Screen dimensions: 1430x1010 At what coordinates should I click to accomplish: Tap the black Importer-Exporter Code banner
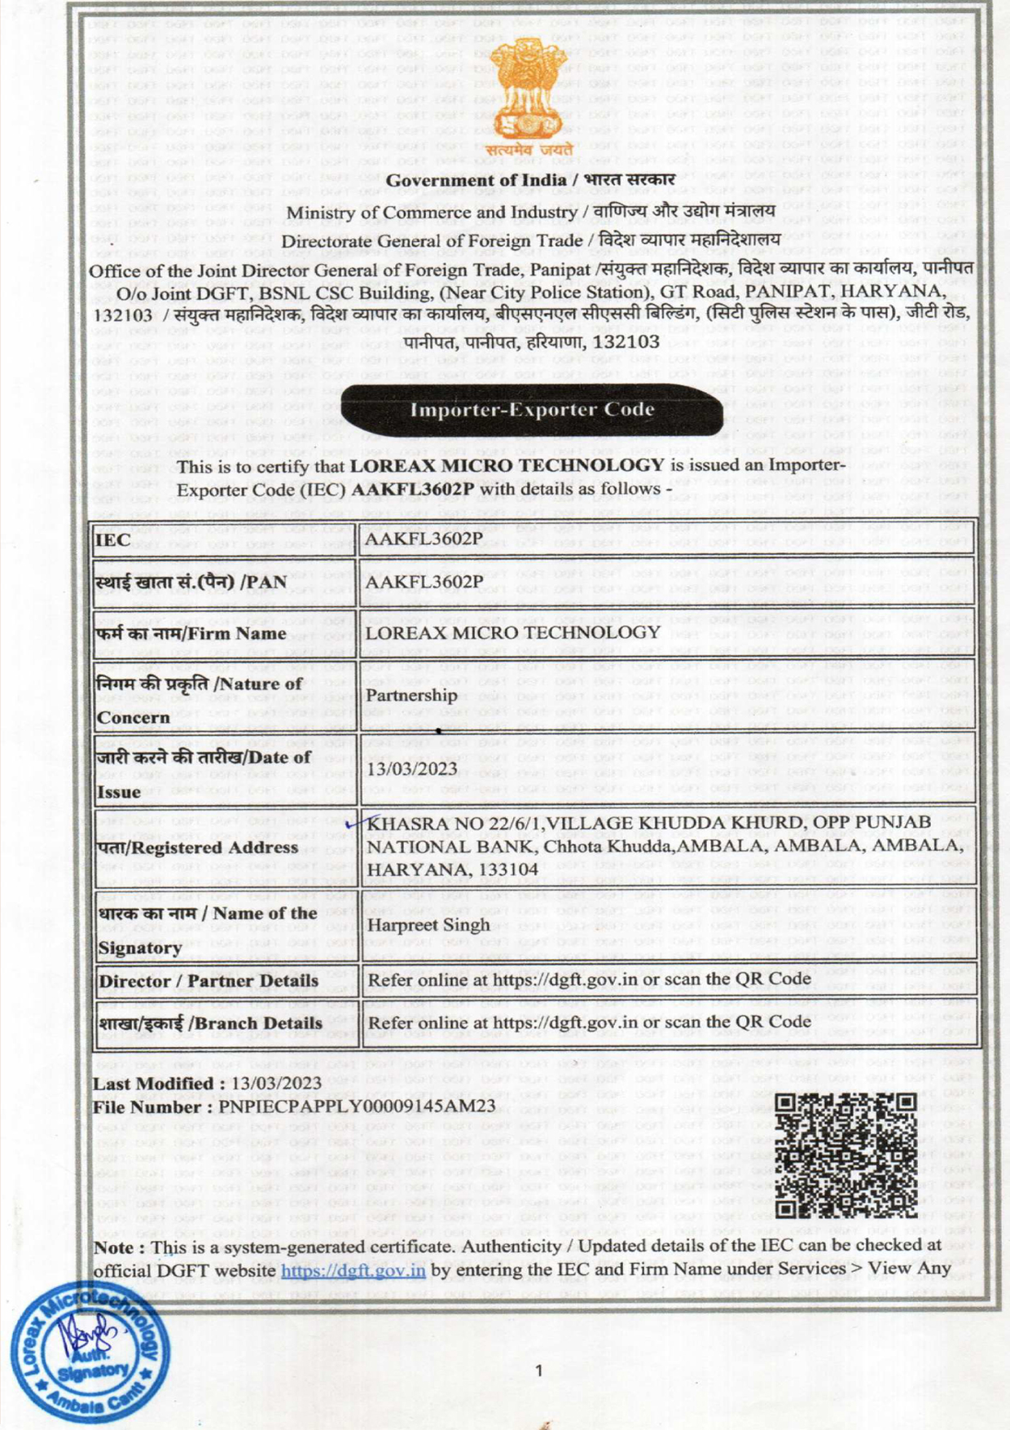coord(532,409)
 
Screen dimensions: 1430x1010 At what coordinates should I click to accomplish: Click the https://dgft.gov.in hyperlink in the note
coord(353,1269)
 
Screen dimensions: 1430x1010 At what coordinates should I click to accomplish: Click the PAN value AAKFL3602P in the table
coord(424,582)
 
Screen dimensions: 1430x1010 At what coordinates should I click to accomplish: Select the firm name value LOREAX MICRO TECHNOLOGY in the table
coord(512,632)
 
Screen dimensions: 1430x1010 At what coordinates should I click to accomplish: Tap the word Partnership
coord(411,695)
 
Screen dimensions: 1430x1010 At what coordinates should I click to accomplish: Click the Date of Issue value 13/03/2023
coord(412,769)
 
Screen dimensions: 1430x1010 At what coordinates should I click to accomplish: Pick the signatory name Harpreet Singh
coord(428,925)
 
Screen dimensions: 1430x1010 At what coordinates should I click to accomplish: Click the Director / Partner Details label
coord(209,981)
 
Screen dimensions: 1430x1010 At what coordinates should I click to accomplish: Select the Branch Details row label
coord(210,1023)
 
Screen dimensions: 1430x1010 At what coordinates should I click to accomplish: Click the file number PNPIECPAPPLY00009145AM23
coord(357,1107)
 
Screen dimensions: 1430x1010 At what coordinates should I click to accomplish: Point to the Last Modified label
coord(153,1084)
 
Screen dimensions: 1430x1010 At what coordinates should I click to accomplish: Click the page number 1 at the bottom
coord(538,1371)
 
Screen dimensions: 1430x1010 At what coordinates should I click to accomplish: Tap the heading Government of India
coord(476,180)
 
